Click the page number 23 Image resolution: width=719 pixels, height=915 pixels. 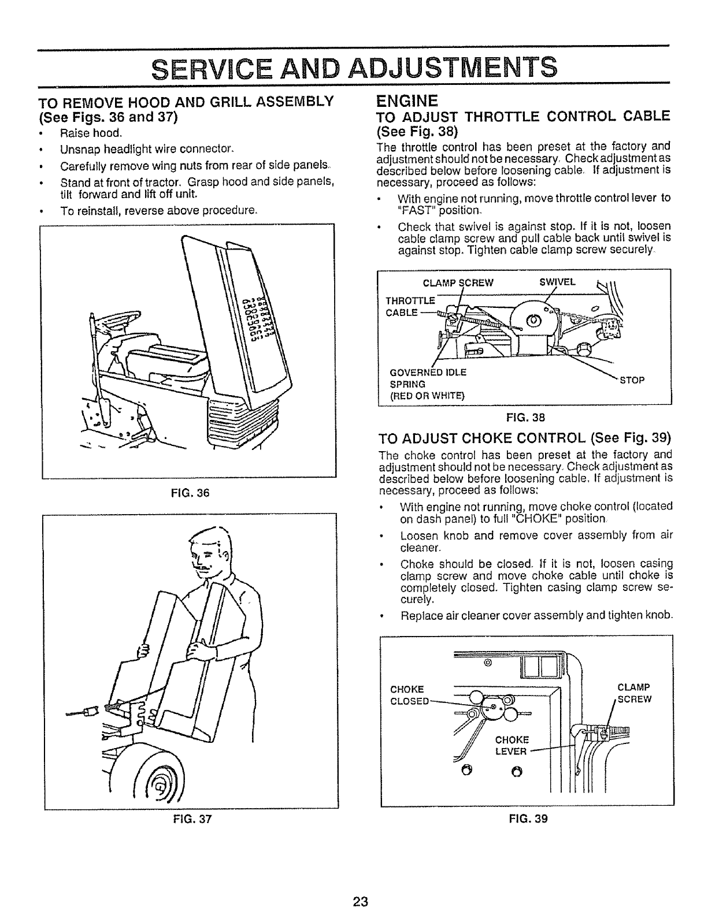(x=362, y=902)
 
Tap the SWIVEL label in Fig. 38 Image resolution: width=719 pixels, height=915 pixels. (x=558, y=282)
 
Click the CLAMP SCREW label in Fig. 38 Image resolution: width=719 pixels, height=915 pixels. (x=458, y=282)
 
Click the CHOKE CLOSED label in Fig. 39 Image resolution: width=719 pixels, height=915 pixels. (x=409, y=695)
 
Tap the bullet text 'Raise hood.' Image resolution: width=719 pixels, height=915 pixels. (x=91, y=133)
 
